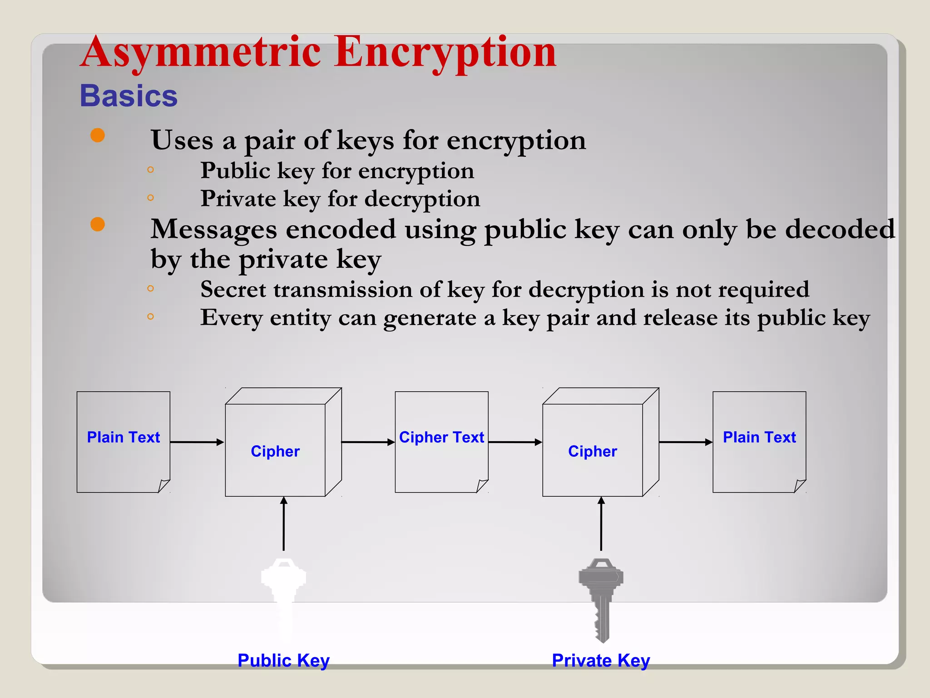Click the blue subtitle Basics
pyautogui.click(x=129, y=96)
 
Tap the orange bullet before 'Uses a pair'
pyautogui.click(x=98, y=135)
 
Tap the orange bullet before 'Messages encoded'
pyautogui.click(x=98, y=224)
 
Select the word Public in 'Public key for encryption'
pyautogui.click(x=235, y=171)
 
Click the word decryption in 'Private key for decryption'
pyautogui.click(x=422, y=199)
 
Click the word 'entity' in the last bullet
pyautogui.click(x=300, y=318)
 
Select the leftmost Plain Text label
pyautogui.click(x=124, y=437)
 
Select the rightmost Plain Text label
pyautogui.click(x=759, y=437)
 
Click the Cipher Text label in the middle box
pyautogui.click(x=441, y=437)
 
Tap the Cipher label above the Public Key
pyautogui.click(x=275, y=451)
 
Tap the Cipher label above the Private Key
pyautogui.click(x=592, y=451)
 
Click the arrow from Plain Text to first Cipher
pyautogui.click(x=197, y=442)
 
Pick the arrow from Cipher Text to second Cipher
pyautogui.click(x=515, y=442)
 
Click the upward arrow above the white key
pyautogui.click(x=284, y=523)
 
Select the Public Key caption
pyautogui.click(x=283, y=660)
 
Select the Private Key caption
pyautogui.click(x=601, y=660)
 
